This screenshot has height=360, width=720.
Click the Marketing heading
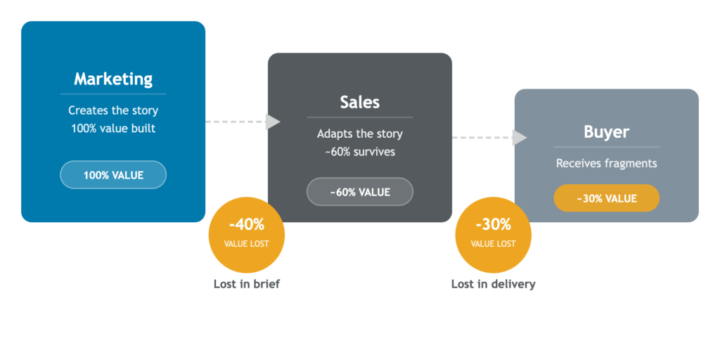[113, 78]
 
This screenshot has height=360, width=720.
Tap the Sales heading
[359, 102]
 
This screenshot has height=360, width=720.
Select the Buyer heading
[606, 132]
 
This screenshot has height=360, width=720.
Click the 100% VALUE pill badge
[113, 175]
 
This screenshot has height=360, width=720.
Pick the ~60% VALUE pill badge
[359, 192]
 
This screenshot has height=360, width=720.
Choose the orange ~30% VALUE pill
[606, 198]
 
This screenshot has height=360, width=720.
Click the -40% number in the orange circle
[246, 225]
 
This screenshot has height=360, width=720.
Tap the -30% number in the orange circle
[492, 225]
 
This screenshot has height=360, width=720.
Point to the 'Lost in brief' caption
[246, 284]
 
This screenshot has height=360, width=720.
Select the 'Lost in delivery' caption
[493, 284]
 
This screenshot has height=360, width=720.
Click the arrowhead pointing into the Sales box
[273, 122]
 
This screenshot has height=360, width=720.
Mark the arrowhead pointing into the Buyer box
[520, 138]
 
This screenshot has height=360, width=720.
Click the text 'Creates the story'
[113, 110]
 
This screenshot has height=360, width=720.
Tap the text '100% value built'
[113, 129]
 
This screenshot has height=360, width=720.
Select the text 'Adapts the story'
[359, 134]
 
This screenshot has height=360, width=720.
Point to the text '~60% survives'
[359, 153]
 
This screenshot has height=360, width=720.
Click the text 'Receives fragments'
[606, 163]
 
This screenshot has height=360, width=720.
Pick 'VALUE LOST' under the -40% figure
[246, 244]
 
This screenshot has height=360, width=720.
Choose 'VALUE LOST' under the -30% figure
[492, 244]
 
